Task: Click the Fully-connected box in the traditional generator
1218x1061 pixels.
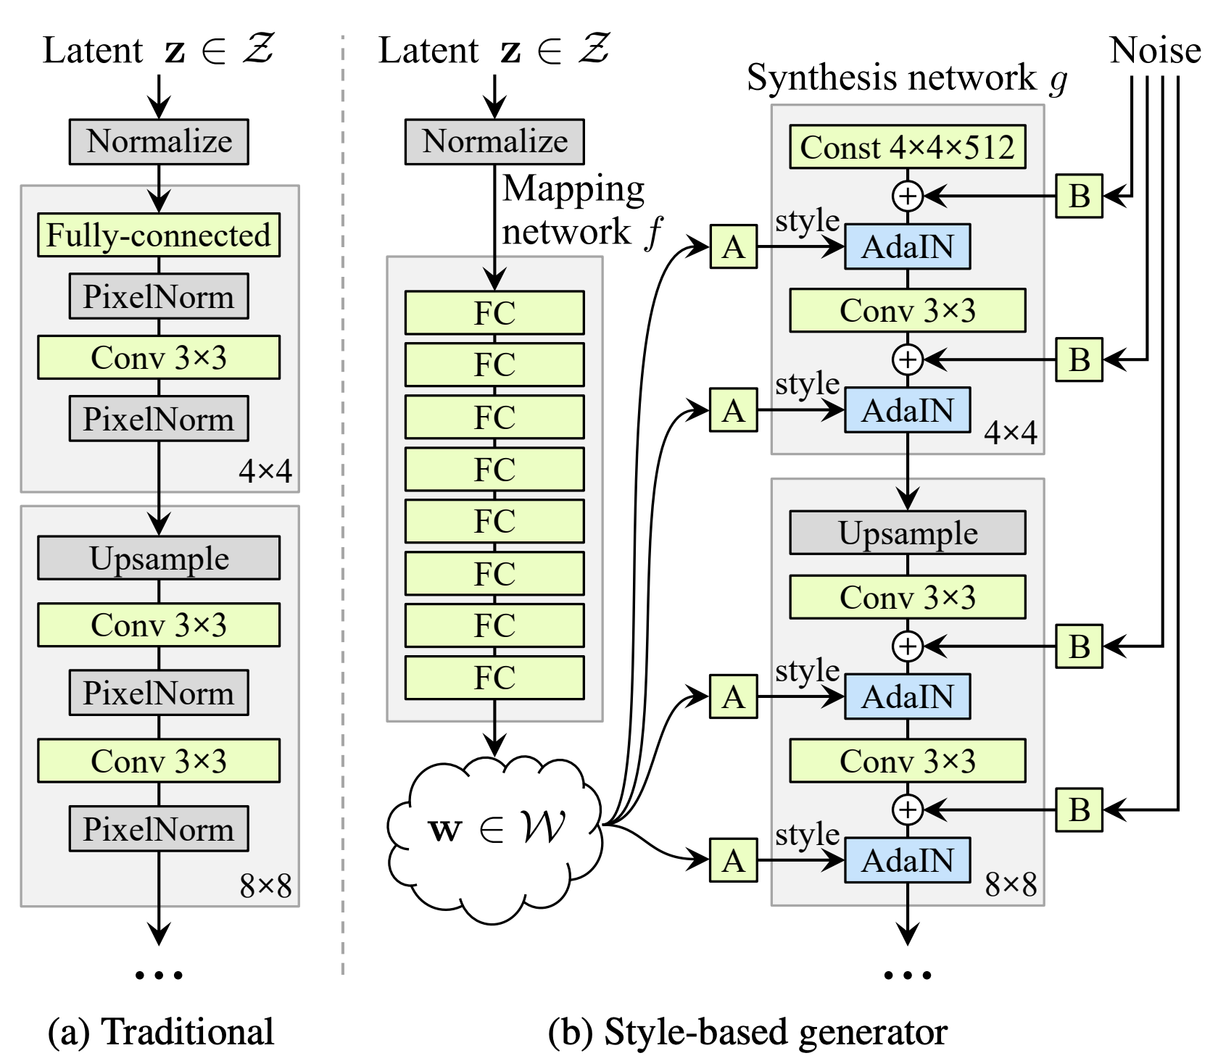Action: (159, 235)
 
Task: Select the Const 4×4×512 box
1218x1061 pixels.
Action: (907, 147)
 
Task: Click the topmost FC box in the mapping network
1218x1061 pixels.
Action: (494, 313)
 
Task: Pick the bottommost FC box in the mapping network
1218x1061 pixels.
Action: (494, 678)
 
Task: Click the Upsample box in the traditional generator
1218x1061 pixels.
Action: (159, 558)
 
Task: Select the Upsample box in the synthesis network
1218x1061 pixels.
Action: (907, 533)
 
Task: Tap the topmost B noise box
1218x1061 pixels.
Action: (1079, 196)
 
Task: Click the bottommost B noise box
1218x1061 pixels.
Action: (1079, 810)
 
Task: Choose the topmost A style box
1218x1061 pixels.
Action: (734, 247)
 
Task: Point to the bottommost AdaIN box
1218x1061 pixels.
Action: (907, 860)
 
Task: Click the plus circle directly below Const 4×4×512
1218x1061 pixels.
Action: (907, 196)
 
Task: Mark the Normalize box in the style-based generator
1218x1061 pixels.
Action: (494, 141)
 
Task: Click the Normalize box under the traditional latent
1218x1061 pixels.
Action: (159, 141)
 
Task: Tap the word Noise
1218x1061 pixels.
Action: (1155, 51)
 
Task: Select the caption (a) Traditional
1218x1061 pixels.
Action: (161, 1031)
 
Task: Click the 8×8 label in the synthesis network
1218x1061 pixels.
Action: (1011, 884)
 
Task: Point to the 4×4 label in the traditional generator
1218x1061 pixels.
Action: (265, 471)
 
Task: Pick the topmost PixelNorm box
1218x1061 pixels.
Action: (159, 296)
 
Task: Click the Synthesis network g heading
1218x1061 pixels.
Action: (907, 78)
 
